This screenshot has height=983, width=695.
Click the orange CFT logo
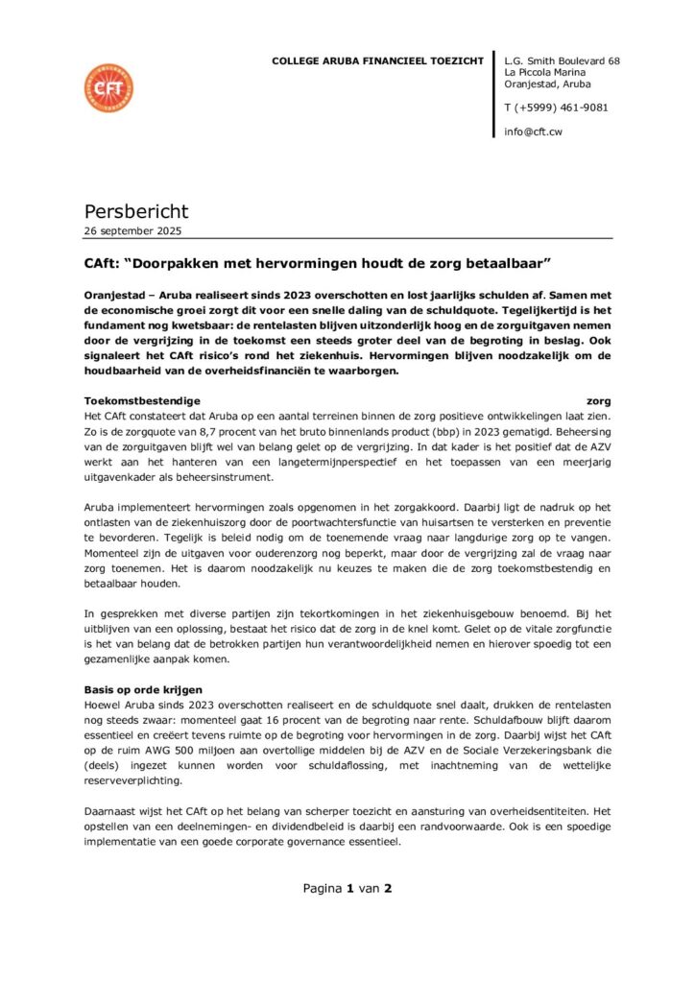click(x=108, y=87)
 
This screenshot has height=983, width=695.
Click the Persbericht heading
click(x=136, y=211)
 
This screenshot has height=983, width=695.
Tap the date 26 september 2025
click(x=132, y=231)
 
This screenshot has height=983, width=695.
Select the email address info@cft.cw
click(x=533, y=131)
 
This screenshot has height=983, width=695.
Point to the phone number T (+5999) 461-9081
click(x=556, y=108)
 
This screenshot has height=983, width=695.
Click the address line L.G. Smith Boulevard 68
click(x=562, y=61)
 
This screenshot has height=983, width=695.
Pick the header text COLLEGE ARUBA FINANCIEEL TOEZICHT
click(x=378, y=61)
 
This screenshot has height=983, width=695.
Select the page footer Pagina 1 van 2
click(x=347, y=888)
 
